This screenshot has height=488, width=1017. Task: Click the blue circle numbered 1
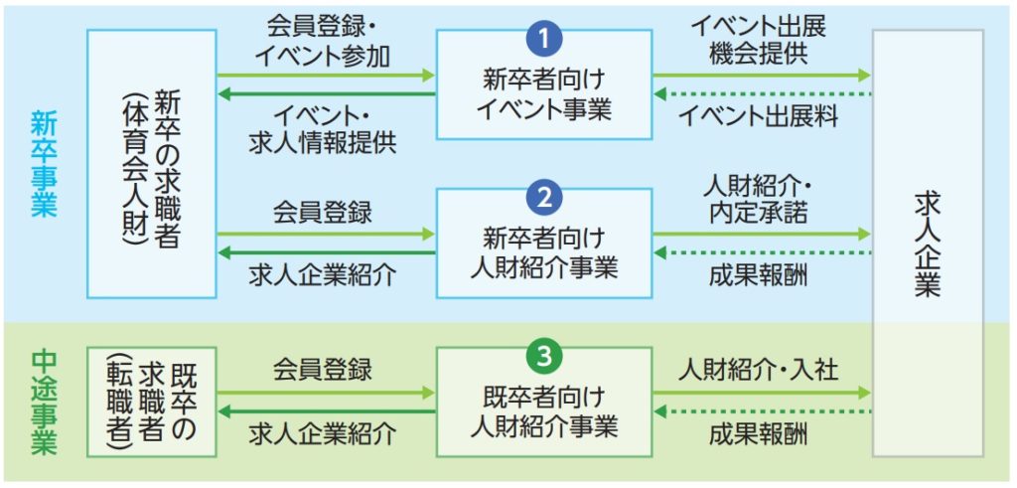(543, 39)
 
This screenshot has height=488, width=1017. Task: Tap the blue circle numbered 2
(543, 198)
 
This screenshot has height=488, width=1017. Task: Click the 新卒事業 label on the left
(44, 164)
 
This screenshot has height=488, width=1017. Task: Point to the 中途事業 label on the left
(44, 402)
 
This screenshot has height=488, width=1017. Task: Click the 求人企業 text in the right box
(928, 244)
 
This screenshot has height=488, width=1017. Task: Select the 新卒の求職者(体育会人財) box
(152, 163)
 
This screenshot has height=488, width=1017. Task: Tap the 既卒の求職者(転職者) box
(152, 402)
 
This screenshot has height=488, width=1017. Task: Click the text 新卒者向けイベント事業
(543, 93)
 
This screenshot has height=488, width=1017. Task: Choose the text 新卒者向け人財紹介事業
(543, 252)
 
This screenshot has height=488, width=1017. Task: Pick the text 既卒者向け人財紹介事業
(543, 411)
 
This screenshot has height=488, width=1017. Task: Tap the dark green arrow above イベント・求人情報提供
(326, 94)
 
